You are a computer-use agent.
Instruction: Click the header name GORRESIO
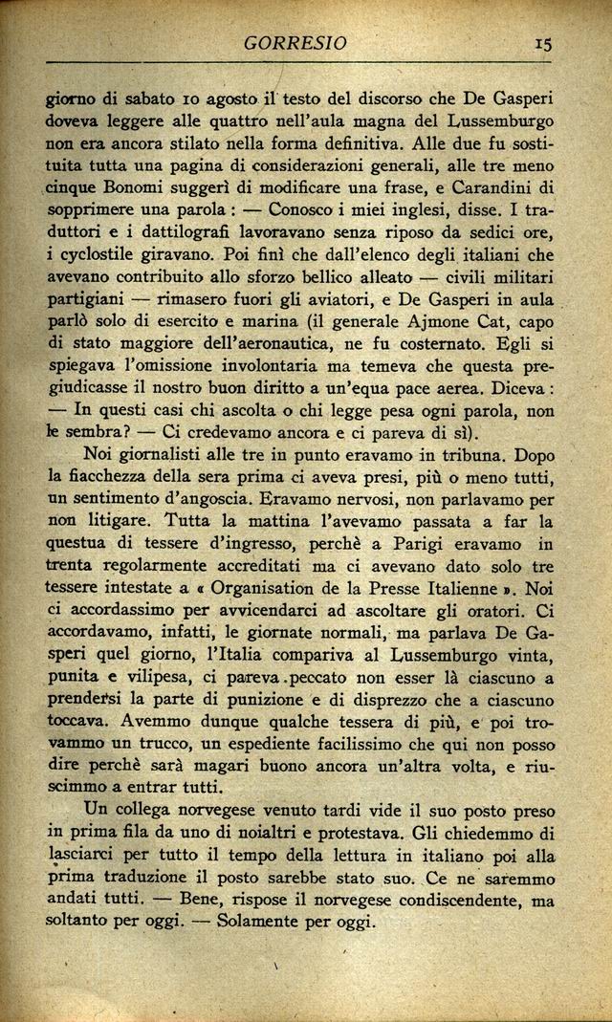click(x=294, y=43)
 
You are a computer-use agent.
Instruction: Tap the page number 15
click(x=543, y=43)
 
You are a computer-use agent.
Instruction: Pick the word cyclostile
click(x=93, y=256)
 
